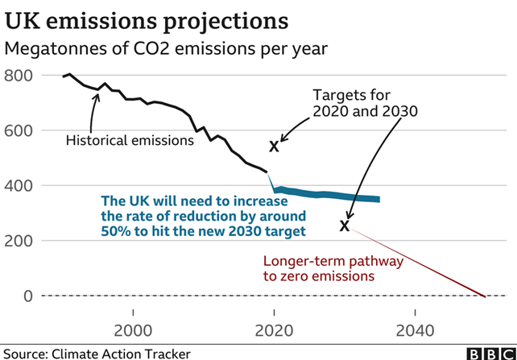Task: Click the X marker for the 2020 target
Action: click(x=274, y=147)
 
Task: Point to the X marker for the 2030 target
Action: click(x=345, y=226)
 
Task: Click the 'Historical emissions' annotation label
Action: click(x=130, y=140)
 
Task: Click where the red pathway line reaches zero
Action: click(x=484, y=296)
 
